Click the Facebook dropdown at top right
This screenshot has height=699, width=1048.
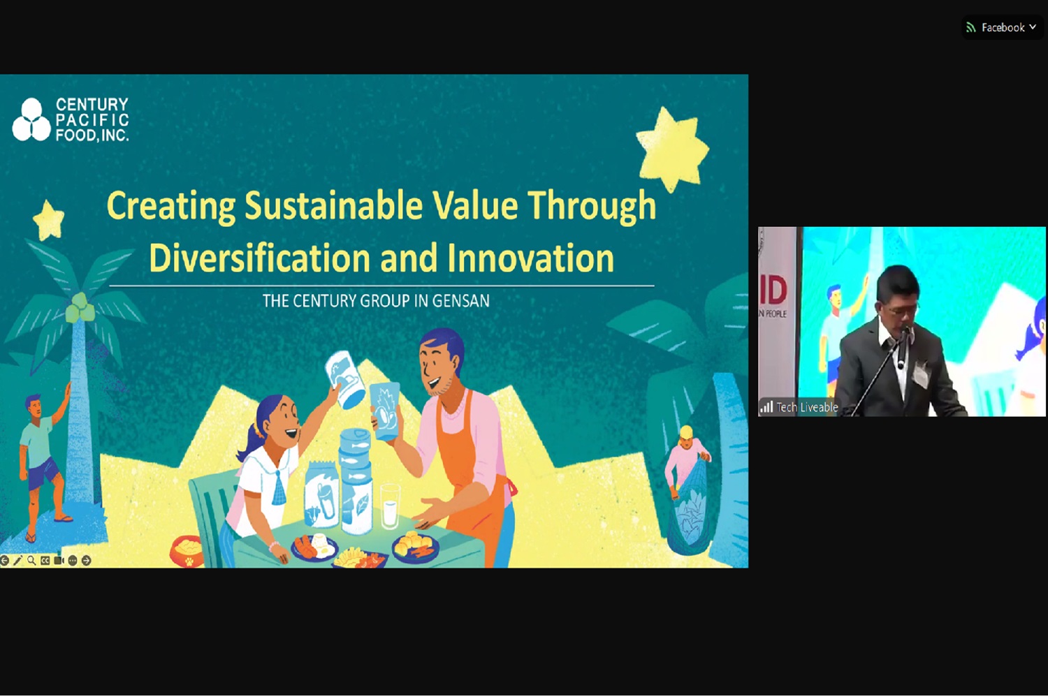1002,28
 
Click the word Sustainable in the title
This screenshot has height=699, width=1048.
333,206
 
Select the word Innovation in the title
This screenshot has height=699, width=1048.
530,258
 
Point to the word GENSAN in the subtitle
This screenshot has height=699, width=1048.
460,301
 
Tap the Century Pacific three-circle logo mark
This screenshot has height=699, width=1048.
31,119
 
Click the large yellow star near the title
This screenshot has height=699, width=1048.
672,149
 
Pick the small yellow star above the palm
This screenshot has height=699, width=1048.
48,220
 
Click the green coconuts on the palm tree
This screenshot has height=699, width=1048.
80,308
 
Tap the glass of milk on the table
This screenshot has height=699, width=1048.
390,506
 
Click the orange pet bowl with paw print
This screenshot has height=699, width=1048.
187,551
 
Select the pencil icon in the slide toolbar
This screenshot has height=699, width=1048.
17,560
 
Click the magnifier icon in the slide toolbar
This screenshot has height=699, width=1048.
31,560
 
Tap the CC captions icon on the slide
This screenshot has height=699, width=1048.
45,560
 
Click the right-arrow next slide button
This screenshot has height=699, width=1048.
86,560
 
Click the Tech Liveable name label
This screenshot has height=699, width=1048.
806,407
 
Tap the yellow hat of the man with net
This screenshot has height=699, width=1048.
686,432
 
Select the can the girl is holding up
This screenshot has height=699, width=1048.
345,380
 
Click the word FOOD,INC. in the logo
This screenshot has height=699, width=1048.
92,135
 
